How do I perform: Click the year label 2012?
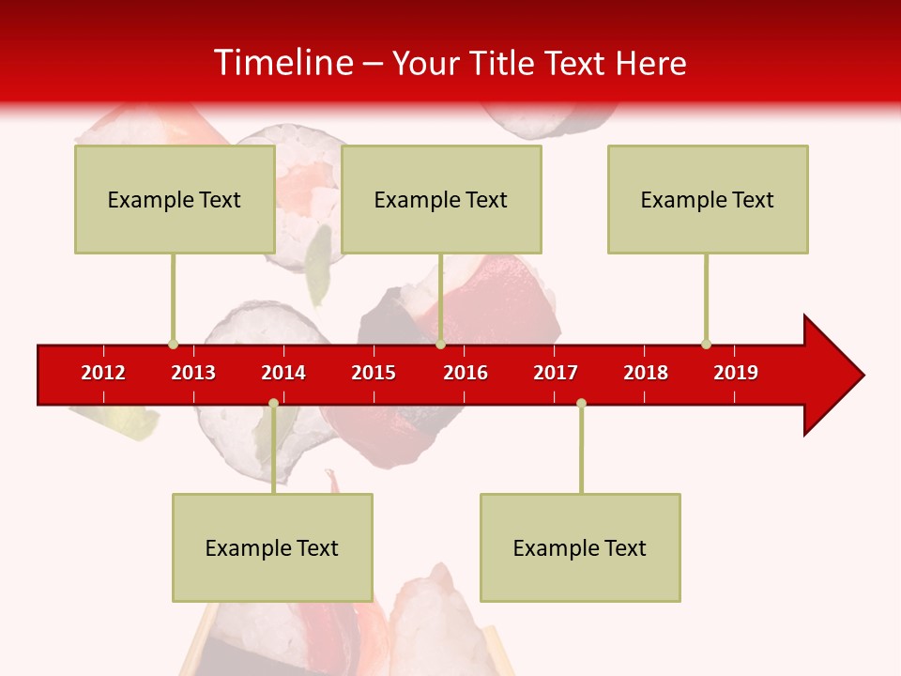tap(103, 373)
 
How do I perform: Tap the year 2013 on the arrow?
tap(193, 373)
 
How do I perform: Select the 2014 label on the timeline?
tap(283, 373)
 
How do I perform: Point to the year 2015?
tap(374, 373)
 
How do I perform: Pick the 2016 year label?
tap(466, 373)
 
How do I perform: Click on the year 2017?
tap(556, 373)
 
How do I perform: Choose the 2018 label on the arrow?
tap(646, 373)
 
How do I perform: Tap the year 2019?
tap(736, 373)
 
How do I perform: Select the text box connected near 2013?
tap(175, 199)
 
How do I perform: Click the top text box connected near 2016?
tap(441, 199)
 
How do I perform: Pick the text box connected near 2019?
tap(708, 199)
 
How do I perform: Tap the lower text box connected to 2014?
tap(272, 547)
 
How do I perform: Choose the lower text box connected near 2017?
tap(580, 547)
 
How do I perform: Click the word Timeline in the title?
tap(283, 63)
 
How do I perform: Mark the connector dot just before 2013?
tap(173, 344)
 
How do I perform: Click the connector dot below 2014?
tap(273, 403)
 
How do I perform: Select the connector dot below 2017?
tap(581, 403)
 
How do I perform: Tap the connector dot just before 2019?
tap(706, 344)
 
